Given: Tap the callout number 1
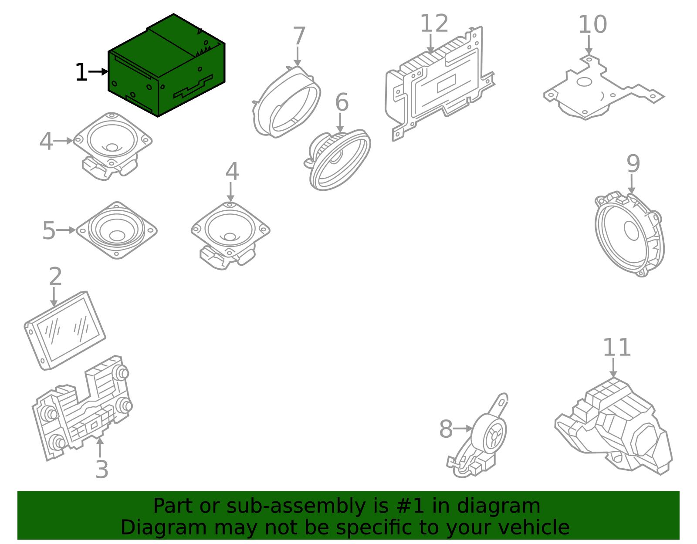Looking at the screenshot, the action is pos(81,72).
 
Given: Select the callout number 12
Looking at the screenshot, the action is pos(434,23).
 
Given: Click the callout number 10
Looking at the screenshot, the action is pos(592,24).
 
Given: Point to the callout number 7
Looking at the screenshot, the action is pos(299,36).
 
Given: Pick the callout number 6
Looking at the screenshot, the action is pos(342,102).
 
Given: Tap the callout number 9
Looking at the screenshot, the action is pos(633,164).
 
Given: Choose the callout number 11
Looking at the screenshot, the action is pos(617,348).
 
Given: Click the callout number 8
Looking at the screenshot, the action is pos(446,429).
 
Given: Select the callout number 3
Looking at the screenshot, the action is pos(102,470).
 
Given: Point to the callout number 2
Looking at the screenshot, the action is pos(55,276).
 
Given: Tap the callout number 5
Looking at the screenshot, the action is pos(49,231).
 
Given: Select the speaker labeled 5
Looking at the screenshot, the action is pos(117,230).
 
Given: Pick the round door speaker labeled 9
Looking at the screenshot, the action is pos(629,234).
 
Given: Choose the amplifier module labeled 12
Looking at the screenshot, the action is pos(440,83).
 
